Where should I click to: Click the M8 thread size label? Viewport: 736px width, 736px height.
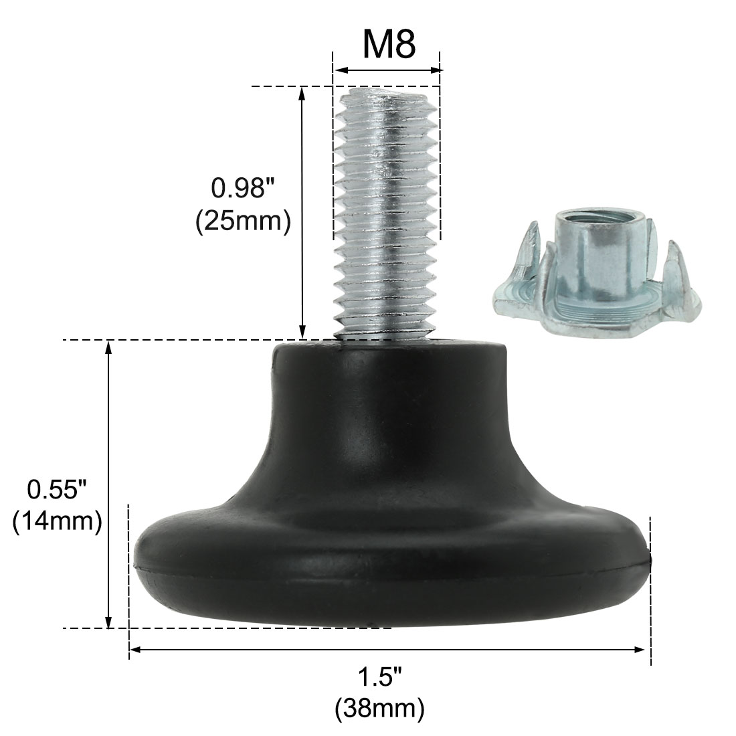389,44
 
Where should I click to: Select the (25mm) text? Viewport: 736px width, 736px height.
242,221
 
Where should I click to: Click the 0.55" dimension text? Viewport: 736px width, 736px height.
57,490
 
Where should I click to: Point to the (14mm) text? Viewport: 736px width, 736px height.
57,522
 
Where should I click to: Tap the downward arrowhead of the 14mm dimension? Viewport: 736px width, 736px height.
108,622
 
